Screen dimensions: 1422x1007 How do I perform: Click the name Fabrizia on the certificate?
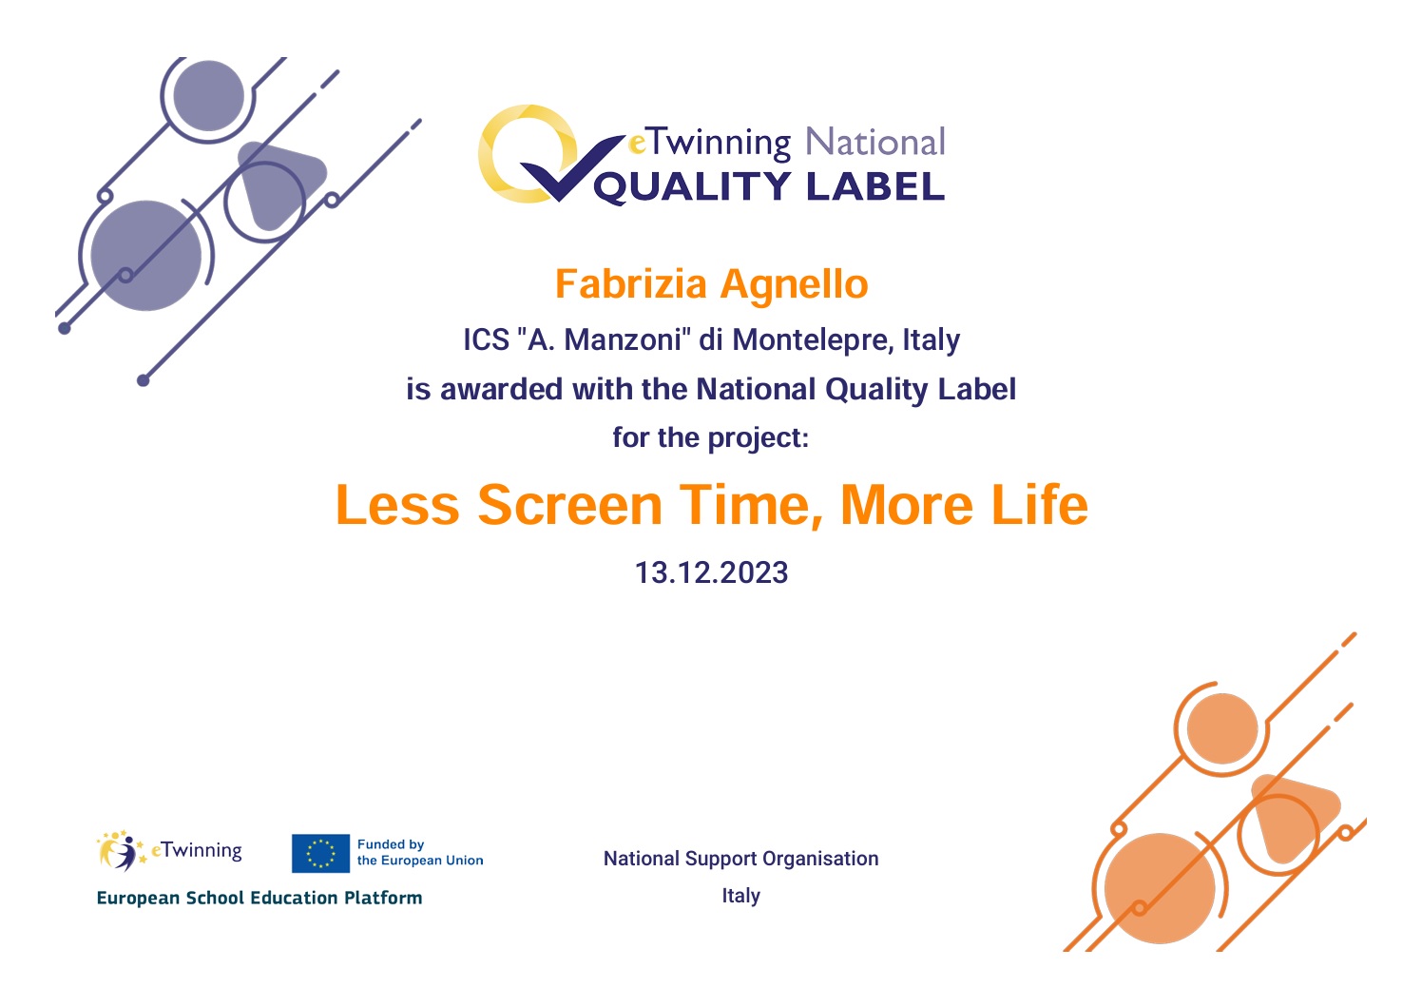pos(630,283)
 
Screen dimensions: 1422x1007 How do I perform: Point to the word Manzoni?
pos(623,339)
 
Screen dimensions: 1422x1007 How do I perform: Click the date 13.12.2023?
pos(712,572)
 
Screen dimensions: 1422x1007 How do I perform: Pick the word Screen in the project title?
pos(569,505)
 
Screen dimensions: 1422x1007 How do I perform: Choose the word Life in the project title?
pos(1039,505)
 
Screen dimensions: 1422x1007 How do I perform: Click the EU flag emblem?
pos(320,853)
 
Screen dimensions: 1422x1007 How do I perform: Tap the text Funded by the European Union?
pos(420,852)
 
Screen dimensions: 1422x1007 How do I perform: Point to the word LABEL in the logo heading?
pos(875,186)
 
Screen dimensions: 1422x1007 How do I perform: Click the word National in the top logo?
pos(875,142)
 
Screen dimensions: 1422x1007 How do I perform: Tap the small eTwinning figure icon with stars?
pos(122,851)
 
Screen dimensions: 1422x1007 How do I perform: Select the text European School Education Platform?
pos(259,898)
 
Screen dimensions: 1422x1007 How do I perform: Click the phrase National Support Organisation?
pos(740,859)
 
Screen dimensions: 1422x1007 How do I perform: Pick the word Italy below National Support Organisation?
pos(740,896)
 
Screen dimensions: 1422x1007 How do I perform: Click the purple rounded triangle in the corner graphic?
pos(279,183)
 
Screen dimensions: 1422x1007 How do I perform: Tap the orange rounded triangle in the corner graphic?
pos(1294,817)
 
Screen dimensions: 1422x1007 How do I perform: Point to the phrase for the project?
pos(711,438)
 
